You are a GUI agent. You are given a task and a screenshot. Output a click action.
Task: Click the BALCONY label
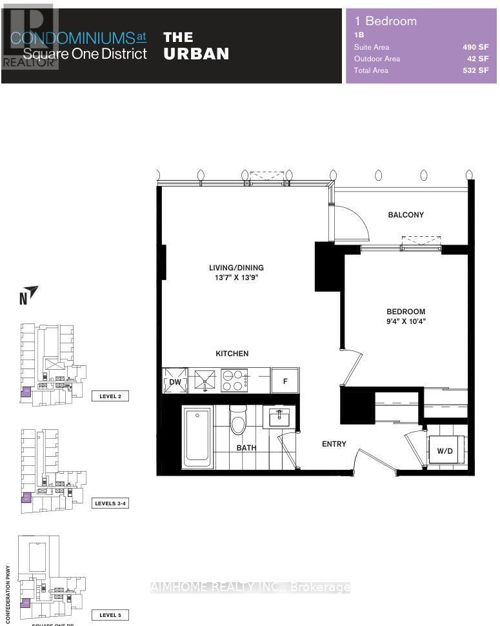coord(406,214)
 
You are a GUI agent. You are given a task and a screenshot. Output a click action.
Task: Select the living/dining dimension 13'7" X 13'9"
coord(235,278)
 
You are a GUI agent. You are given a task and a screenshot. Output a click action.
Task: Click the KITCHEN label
coord(232,354)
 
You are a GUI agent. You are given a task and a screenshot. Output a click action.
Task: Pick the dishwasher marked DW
coord(174,381)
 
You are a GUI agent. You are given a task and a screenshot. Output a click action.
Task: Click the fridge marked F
coord(285,381)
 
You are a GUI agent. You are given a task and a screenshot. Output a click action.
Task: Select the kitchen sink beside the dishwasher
coord(205,380)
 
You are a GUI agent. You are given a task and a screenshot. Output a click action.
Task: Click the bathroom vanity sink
coord(280,418)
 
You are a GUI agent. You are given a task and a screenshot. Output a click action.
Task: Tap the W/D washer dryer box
coord(445,450)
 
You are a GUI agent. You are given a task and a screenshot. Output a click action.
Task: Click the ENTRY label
coord(334,444)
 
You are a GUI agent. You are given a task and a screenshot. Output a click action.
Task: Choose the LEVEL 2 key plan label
coord(110,396)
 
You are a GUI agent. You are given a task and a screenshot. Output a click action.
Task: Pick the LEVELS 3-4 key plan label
coord(110,503)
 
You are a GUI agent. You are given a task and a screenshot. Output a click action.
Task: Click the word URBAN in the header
coord(196,54)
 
